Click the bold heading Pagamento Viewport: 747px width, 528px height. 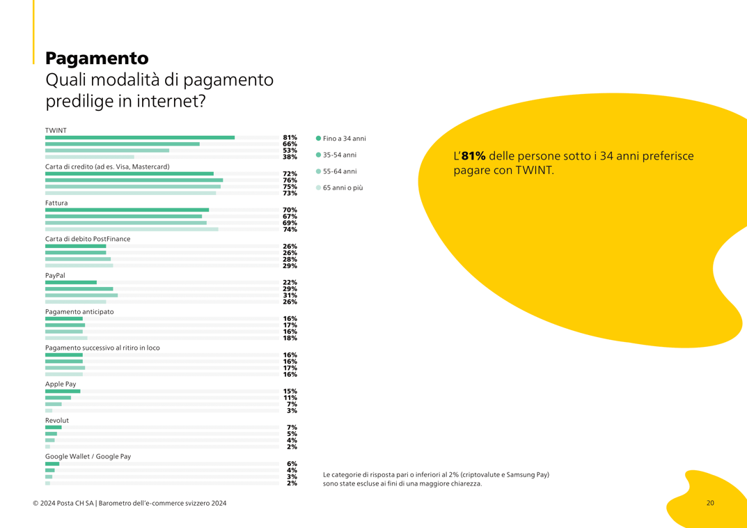click(x=97, y=58)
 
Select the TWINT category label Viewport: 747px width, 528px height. click(x=56, y=130)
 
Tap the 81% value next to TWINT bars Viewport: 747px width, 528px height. click(x=290, y=138)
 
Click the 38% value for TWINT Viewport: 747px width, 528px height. click(x=290, y=157)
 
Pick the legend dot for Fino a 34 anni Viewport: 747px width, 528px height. click(x=319, y=139)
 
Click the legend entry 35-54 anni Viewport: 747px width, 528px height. click(x=339, y=155)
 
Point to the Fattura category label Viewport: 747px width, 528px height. click(x=56, y=203)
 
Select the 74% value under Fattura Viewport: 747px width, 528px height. click(x=290, y=229)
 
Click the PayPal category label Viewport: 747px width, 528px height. click(x=55, y=275)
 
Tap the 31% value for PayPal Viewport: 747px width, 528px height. click(x=290, y=295)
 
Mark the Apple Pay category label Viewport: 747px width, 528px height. click(x=61, y=384)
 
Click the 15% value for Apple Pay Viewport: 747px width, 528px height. click(x=290, y=391)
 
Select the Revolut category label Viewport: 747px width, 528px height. click(x=57, y=421)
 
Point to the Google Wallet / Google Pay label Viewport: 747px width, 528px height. click(x=88, y=457)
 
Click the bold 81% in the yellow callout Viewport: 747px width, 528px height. click(x=473, y=157)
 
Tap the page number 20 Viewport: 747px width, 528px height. click(x=710, y=503)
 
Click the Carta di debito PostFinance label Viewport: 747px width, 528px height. click(x=88, y=239)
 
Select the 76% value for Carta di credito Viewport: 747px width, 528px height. click(x=290, y=180)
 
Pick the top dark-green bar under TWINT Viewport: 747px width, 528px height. click(x=140, y=138)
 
